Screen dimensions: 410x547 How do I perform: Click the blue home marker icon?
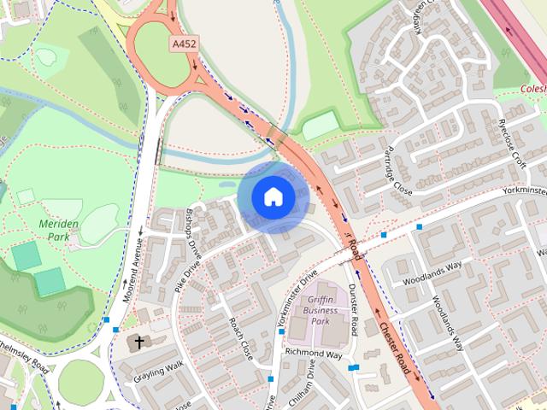click(x=273, y=197)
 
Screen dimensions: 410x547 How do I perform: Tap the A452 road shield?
click(x=183, y=44)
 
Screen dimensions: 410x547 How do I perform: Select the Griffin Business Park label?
click(x=320, y=311)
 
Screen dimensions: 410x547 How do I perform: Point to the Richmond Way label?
click(x=313, y=354)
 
